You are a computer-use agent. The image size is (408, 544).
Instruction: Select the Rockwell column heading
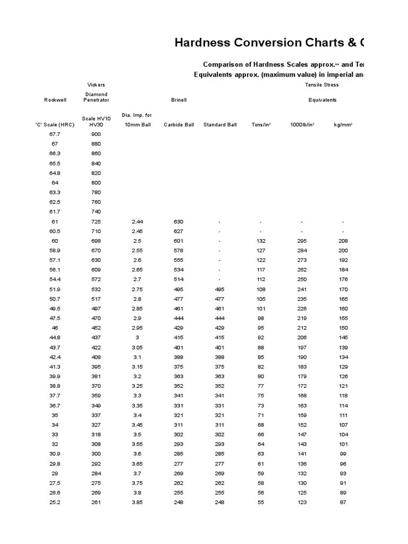coord(55,99)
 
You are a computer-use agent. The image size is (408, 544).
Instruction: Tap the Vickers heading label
coord(96,84)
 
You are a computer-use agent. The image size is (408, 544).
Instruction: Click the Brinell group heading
coord(178,99)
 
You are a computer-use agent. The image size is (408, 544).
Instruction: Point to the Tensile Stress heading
coord(322,84)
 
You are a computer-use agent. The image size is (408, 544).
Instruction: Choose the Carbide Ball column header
coord(178,124)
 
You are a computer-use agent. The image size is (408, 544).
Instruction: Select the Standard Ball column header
coord(220,124)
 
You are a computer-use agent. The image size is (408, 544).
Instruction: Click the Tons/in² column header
coord(261,124)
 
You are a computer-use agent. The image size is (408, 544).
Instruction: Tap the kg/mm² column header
coord(343,124)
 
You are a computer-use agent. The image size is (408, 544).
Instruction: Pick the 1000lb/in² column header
coord(302,124)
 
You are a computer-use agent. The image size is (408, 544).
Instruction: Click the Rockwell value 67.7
coord(55,134)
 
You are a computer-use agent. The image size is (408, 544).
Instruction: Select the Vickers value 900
coord(96,134)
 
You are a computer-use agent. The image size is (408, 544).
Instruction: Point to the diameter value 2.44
coord(137,222)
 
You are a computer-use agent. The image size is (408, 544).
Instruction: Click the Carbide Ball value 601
coord(178,241)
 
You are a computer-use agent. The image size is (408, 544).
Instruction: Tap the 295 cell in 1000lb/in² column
coord(302,241)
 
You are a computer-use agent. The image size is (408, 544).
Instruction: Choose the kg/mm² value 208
coord(343,241)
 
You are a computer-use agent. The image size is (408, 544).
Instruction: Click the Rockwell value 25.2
coord(55,502)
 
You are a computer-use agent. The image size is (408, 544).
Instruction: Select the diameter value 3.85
coord(137,502)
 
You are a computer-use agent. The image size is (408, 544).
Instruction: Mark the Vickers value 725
coord(96,222)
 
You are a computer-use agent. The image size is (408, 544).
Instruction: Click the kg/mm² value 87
coord(343,502)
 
